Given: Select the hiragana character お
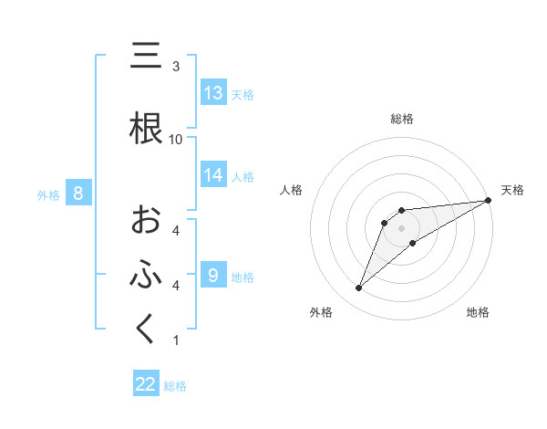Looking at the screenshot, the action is (x=146, y=220).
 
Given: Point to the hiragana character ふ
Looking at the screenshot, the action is (x=146, y=275).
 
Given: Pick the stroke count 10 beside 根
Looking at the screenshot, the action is (x=176, y=139).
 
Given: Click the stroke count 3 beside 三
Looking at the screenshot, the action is (x=176, y=67).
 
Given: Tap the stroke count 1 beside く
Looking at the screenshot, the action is (x=176, y=340).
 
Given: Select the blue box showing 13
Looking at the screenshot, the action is (x=213, y=93).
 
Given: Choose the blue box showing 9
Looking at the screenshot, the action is (x=213, y=275).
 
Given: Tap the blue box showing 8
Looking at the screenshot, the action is (x=78, y=194).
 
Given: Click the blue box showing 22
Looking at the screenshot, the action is (x=146, y=384).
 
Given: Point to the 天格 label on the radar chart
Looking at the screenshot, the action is (x=512, y=190).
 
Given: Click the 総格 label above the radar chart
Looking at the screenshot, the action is (x=402, y=119).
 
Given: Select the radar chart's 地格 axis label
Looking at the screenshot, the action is (x=478, y=312).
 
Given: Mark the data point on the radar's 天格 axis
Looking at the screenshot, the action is (x=489, y=200).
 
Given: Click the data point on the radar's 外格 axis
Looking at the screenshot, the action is (x=359, y=288).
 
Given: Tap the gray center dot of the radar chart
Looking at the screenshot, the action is (x=402, y=228).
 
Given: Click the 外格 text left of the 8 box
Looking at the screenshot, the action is (x=48, y=194).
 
